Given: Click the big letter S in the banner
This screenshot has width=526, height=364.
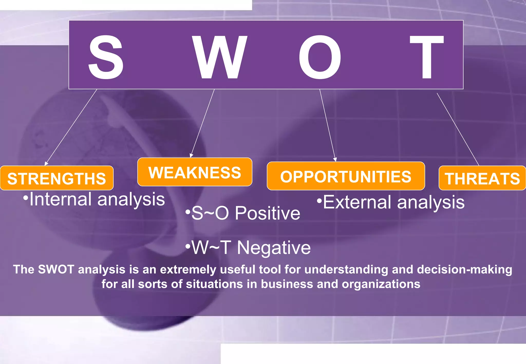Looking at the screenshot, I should pos(106,57).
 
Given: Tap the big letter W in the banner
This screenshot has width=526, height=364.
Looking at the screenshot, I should pos(220,57).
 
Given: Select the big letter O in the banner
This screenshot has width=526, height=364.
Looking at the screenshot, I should pos(320,57).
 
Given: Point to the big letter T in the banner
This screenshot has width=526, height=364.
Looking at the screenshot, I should pos(427,57).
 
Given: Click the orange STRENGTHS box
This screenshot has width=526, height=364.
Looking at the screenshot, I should pos(57,178).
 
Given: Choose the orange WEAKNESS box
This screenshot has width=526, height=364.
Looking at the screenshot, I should pos(195,172).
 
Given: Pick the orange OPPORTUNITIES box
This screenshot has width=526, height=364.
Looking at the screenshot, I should pos(346,176).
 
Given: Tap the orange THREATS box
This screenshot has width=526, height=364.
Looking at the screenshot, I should pos(482,178).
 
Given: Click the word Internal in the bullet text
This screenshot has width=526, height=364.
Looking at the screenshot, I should pos(60,199).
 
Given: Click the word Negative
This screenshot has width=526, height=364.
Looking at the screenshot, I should pos(274,248).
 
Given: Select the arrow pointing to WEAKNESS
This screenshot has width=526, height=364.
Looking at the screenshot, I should pos(202,123).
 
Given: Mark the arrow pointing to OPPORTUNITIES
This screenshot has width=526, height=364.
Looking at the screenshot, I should pos(328,125).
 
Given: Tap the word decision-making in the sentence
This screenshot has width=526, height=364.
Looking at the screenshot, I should pos(464,270).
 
